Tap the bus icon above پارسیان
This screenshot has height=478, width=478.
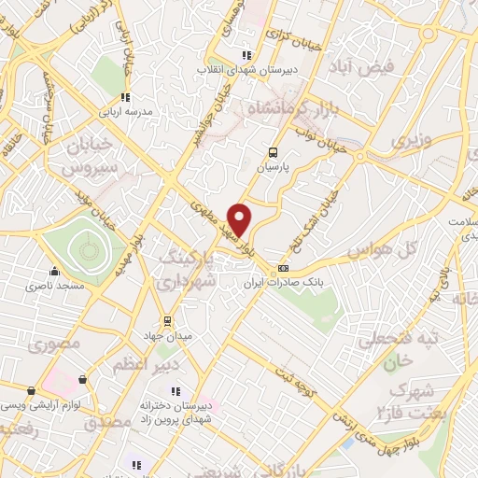(273, 153)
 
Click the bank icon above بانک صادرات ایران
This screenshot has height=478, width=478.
(284, 268)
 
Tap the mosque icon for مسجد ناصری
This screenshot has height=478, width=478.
(55, 274)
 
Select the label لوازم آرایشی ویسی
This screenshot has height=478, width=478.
(36, 404)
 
